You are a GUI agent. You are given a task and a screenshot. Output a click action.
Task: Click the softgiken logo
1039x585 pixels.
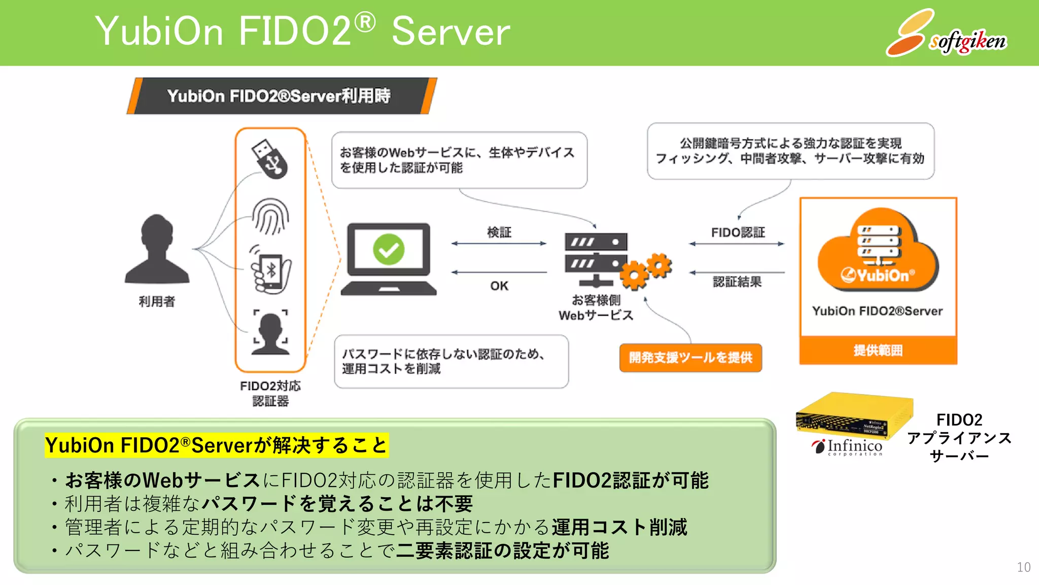pyautogui.click(x=946, y=35)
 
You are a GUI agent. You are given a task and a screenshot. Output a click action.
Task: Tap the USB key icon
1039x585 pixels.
pyautogui.click(x=269, y=158)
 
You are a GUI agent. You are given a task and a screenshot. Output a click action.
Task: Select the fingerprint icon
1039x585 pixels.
pyautogui.click(x=270, y=216)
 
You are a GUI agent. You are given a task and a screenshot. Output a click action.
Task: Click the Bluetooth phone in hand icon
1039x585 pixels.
pyautogui.click(x=270, y=270)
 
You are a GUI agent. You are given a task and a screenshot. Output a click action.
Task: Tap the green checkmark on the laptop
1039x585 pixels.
pyautogui.click(x=389, y=249)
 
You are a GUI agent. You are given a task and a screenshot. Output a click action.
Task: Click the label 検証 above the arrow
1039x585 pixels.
pyautogui.click(x=499, y=232)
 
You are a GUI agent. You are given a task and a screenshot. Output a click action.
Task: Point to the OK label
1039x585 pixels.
pyautogui.click(x=499, y=286)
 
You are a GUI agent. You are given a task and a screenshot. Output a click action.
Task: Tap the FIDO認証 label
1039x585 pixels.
pyautogui.click(x=738, y=233)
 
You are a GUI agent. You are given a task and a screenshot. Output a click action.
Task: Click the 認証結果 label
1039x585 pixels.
pyautogui.click(x=737, y=282)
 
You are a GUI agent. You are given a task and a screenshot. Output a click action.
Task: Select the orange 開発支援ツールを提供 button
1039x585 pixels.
pyautogui.click(x=690, y=357)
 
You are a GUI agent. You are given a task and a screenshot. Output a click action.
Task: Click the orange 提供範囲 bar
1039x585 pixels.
pyautogui.click(x=878, y=350)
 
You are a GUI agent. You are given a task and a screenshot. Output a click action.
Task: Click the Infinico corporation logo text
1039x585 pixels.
pyautogui.click(x=854, y=446)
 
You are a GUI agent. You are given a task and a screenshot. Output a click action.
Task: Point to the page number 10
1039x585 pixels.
pyautogui.click(x=1023, y=567)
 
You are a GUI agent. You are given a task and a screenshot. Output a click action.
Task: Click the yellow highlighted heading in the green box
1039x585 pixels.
pyautogui.click(x=216, y=445)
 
